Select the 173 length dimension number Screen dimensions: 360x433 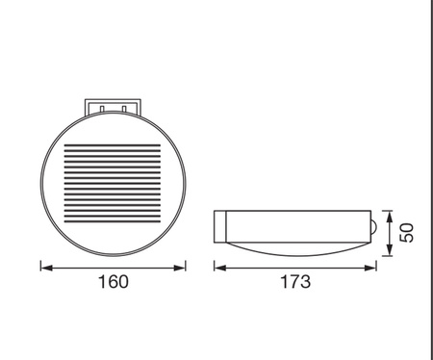(296, 283)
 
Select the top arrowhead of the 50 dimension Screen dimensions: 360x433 (388, 214)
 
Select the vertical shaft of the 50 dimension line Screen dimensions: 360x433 (388, 233)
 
